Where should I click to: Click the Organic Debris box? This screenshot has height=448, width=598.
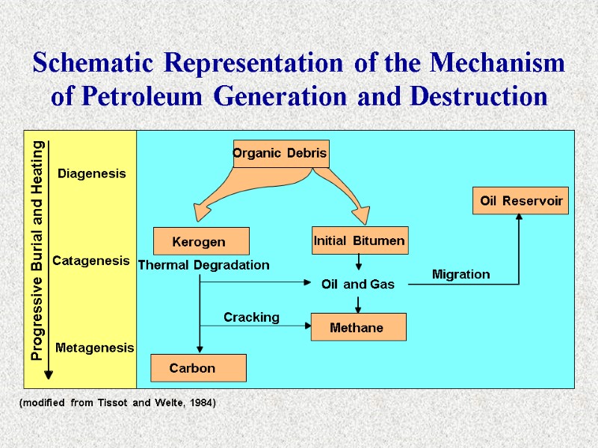[281, 154]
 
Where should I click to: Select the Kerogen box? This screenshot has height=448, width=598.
[200, 242]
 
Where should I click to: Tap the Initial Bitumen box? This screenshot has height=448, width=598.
[360, 240]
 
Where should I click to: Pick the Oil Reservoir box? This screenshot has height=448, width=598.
[520, 201]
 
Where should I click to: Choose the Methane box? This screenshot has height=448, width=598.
[358, 327]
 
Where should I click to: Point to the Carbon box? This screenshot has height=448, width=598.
[198, 367]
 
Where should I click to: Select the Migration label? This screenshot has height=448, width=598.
[461, 275]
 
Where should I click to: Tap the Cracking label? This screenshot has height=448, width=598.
[251, 317]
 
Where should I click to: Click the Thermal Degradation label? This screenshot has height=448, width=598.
[204, 265]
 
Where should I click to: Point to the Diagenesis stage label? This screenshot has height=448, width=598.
[92, 173]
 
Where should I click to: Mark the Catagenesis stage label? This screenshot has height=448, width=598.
[90, 261]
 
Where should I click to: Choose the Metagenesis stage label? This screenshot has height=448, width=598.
[94, 348]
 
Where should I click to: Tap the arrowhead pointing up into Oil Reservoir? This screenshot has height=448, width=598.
[520, 217]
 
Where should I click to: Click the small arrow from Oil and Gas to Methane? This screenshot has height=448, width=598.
[358, 304]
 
